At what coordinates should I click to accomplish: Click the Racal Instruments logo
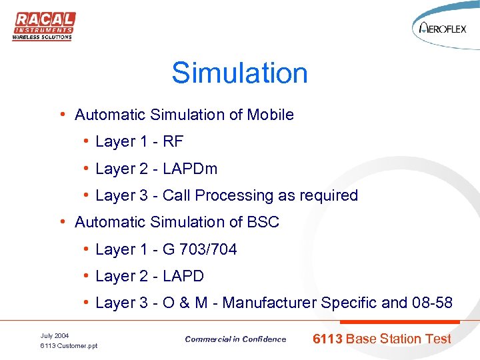pyautogui.click(x=44, y=26)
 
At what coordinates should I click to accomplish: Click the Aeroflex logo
pyautogui.click(x=444, y=29)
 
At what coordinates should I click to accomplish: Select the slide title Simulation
pyautogui.click(x=239, y=73)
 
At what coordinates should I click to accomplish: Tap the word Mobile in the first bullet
pyautogui.click(x=270, y=115)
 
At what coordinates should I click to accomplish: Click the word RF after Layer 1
pyautogui.click(x=173, y=142)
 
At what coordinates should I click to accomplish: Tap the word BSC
pyautogui.click(x=263, y=222)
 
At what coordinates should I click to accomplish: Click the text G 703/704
pyautogui.click(x=199, y=249)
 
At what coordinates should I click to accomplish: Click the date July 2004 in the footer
pyautogui.click(x=55, y=335)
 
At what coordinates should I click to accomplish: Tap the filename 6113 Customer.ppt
pyautogui.click(x=69, y=346)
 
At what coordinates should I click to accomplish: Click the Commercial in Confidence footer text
pyautogui.click(x=235, y=339)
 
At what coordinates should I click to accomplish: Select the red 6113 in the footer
pyautogui.click(x=327, y=339)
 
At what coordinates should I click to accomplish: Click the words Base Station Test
pyautogui.click(x=399, y=339)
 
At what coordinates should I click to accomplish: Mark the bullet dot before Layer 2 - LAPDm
pyautogui.click(x=87, y=169)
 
